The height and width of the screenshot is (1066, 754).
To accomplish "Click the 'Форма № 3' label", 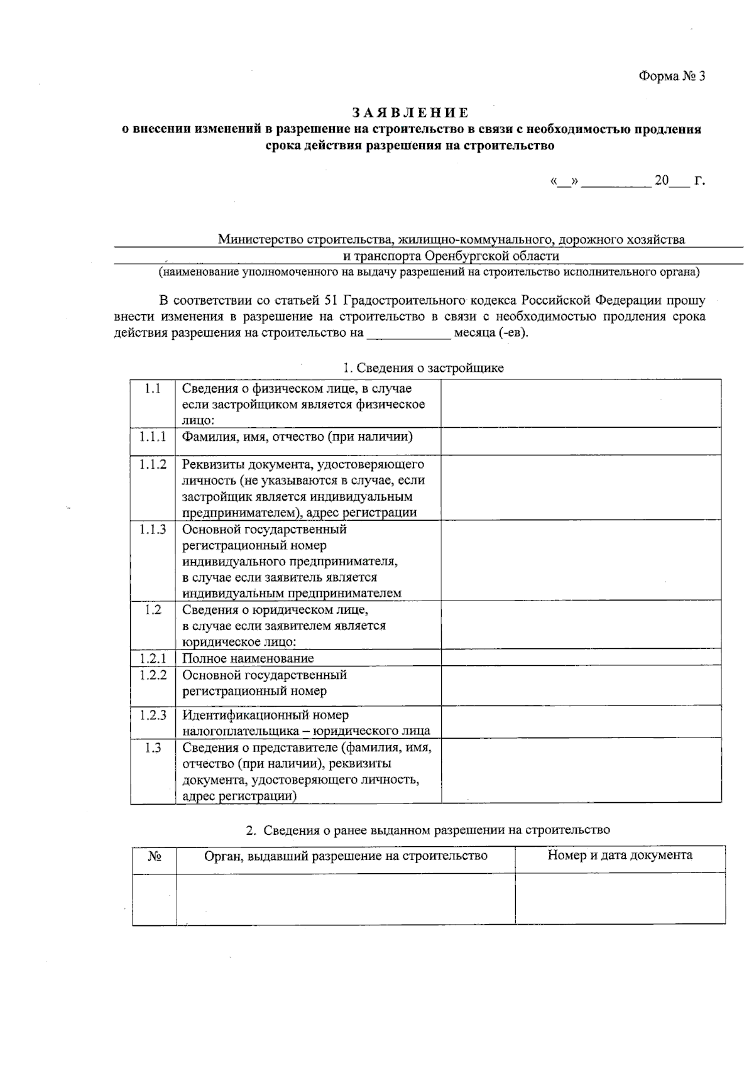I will [672, 77].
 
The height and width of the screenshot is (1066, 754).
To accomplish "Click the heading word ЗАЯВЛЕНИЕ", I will [410, 113].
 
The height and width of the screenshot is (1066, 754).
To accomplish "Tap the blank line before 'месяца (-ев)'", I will [408, 333].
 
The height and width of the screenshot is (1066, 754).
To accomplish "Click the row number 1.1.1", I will [153, 437].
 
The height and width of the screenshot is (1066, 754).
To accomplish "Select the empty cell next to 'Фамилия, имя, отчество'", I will [581, 441].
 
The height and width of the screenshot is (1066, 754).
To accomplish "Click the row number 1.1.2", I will [153, 464].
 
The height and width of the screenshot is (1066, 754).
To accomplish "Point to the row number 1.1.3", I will [153, 529].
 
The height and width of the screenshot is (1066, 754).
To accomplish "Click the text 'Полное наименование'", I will [248, 658].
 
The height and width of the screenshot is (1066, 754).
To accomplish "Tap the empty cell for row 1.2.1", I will [581, 658].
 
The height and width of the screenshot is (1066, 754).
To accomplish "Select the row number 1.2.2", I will [153, 675].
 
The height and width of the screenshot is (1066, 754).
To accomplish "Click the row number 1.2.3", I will [153, 715].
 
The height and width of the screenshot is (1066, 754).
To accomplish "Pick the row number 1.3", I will [153, 748].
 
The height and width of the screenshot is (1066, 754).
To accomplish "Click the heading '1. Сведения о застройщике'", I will [423, 368].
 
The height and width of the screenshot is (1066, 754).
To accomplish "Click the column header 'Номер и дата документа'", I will [620, 855].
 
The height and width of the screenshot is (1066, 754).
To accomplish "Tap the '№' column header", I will [155, 856].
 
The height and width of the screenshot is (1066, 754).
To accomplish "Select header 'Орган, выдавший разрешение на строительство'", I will [346, 856].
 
